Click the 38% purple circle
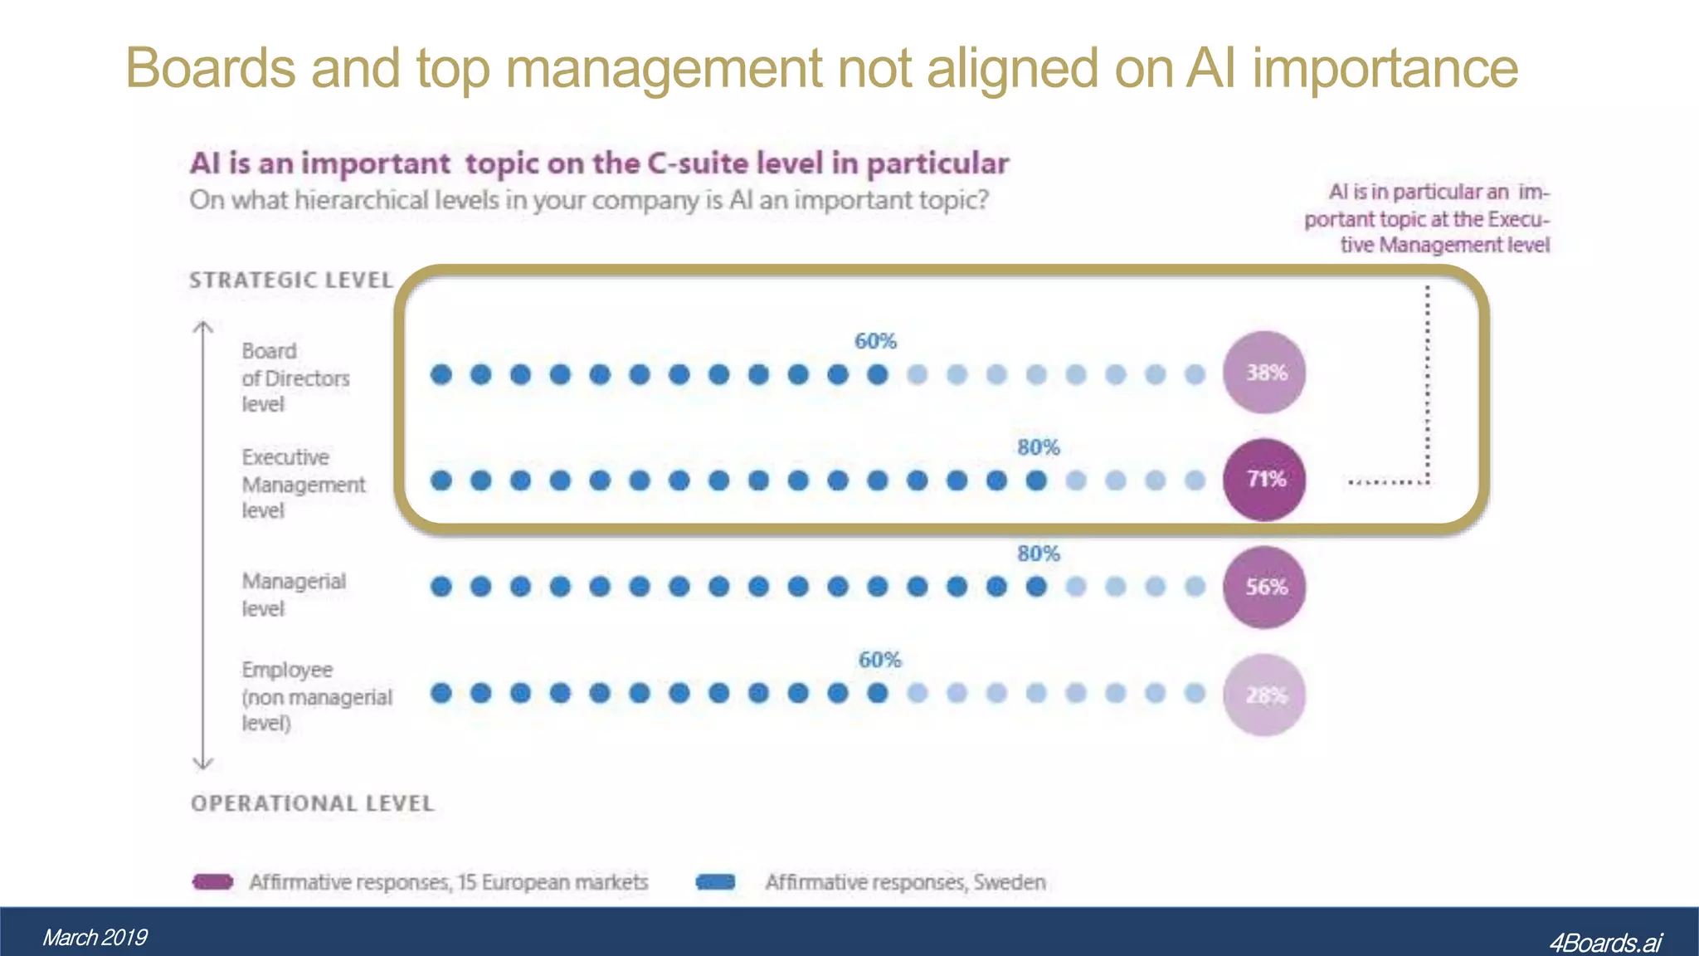click(1264, 373)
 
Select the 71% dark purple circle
click(1264, 480)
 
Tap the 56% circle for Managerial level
click(1264, 588)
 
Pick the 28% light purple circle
click(1264, 695)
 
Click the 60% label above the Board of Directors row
click(875, 341)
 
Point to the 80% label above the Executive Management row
click(1039, 447)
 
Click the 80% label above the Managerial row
click(1039, 554)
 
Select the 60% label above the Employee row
click(879, 660)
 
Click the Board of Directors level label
click(295, 378)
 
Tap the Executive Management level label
click(303, 484)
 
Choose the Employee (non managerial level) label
click(316, 696)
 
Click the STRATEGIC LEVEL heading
click(290, 280)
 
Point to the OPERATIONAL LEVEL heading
click(312, 803)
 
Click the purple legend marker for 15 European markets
click(212, 881)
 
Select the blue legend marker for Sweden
click(716, 881)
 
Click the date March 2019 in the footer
click(95, 938)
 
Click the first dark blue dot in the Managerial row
click(441, 588)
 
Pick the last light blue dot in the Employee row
click(1195, 693)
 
